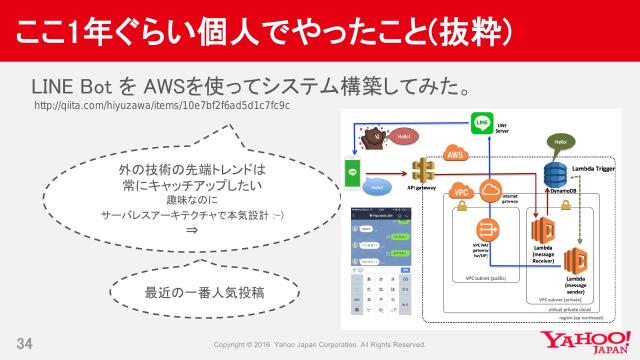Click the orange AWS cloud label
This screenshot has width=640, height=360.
(x=457, y=155)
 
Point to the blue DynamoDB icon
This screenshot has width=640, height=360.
(x=555, y=173)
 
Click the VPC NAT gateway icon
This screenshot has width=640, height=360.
(x=488, y=230)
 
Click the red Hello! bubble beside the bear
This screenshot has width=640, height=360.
(x=403, y=134)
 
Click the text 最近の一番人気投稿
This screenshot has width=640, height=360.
(x=191, y=292)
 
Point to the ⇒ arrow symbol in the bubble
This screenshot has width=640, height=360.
(x=191, y=230)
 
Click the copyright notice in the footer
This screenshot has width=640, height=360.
(x=322, y=345)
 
